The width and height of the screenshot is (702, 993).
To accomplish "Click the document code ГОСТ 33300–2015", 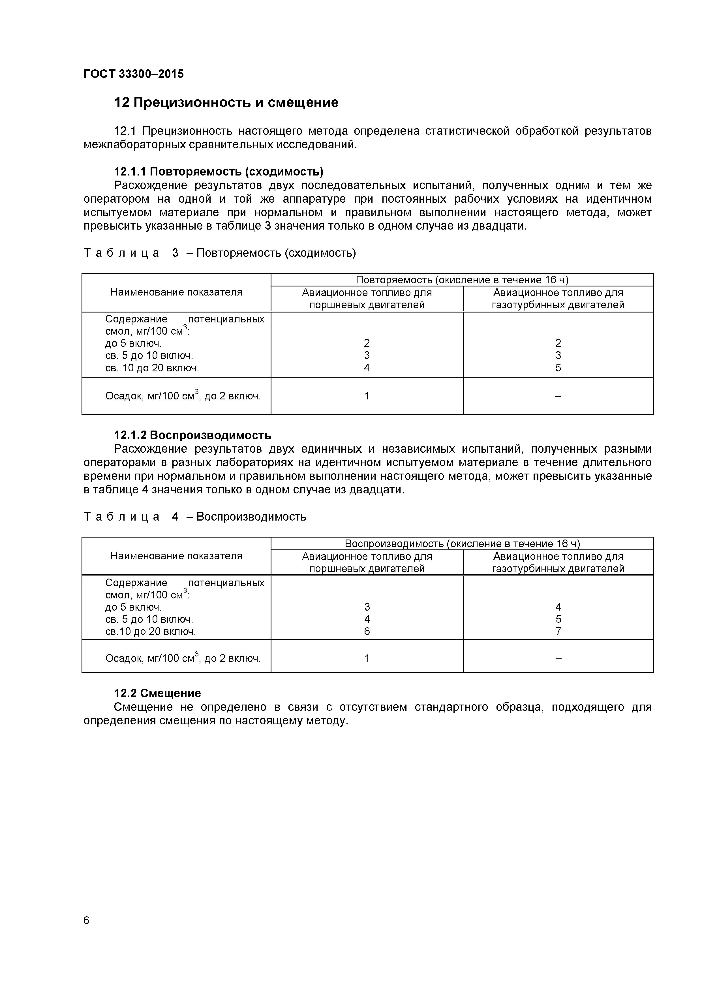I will click(x=133, y=74).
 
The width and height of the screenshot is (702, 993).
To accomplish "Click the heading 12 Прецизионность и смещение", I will click(x=226, y=102).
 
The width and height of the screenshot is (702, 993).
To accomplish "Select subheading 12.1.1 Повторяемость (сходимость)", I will click(x=219, y=172).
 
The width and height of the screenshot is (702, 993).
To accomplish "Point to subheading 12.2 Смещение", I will click(x=157, y=693).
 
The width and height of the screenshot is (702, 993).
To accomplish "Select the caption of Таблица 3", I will click(x=219, y=253).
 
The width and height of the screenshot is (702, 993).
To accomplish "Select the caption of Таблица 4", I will click(x=195, y=517).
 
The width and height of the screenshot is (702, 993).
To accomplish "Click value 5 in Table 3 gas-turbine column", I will click(x=558, y=368).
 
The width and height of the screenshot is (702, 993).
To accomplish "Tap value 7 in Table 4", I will click(x=558, y=632).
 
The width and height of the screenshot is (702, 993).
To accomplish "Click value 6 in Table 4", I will click(x=367, y=632).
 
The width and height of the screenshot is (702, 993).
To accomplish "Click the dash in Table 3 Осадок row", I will click(x=558, y=396).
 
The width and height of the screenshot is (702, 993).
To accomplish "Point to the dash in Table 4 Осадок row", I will click(x=558, y=658).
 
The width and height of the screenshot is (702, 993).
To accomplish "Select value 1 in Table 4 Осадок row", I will click(x=367, y=658).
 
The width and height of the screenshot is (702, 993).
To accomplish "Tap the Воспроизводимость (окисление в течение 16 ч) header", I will click(x=462, y=544).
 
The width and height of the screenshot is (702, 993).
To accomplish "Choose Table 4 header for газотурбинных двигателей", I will click(x=558, y=562).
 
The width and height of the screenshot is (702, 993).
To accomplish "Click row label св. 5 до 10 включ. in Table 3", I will click(x=149, y=356).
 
